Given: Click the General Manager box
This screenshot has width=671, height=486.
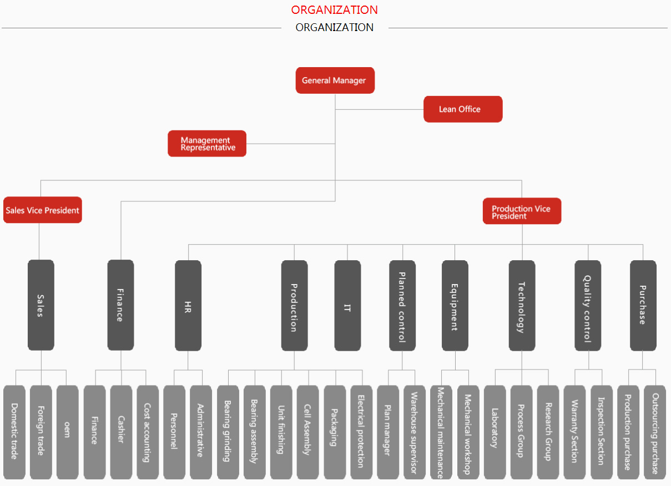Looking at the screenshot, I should (335, 80).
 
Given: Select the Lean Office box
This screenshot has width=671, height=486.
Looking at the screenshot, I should (462, 109).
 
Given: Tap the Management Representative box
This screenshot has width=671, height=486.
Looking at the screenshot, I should (207, 144).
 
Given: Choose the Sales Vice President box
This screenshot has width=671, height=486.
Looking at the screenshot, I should (43, 210).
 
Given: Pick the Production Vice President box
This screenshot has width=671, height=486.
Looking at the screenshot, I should (522, 211).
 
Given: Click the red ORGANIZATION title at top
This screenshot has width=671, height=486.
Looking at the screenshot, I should (334, 10).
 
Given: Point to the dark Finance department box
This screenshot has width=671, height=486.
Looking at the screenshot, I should (120, 305).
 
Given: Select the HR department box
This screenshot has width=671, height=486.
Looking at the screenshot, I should (188, 305).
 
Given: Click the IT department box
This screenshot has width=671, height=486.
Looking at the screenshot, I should (347, 305).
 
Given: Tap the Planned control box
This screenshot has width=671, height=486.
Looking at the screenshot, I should (402, 305).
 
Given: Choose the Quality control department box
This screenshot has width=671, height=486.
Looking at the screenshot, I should (588, 305).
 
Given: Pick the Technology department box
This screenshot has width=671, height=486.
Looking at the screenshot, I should (522, 305).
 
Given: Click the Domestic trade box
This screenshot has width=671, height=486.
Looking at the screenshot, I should (14, 432).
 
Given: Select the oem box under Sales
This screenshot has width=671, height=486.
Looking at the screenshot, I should (67, 432).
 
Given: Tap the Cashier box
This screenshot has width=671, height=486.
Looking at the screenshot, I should (121, 432).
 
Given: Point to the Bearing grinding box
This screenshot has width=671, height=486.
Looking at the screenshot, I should (228, 432).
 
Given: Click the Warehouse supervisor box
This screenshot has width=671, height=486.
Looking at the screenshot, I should (415, 432).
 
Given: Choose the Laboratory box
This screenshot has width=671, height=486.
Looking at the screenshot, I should (495, 432).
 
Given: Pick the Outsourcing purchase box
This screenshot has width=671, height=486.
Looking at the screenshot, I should (655, 432).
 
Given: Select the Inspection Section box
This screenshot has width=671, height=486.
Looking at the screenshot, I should (602, 432).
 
